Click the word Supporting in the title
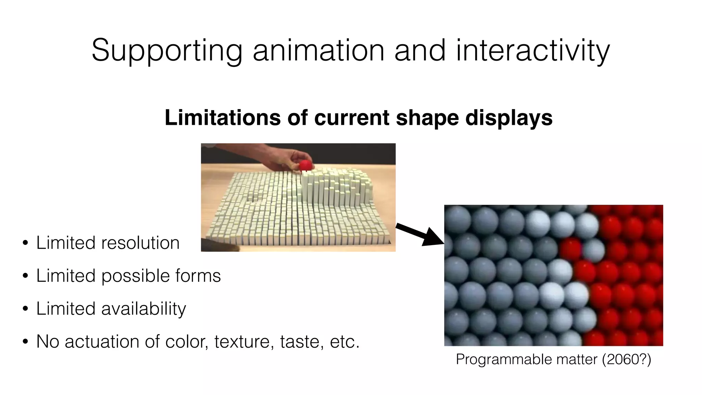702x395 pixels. pyautogui.click(x=167, y=51)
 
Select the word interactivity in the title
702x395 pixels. pyautogui.click(x=533, y=51)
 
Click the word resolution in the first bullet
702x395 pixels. pyautogui.click(x=140, y=243)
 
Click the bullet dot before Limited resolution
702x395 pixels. pyautogui.click(x=25, y=243)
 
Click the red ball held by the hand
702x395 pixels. pyautogui.click(x=305, y=166)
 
